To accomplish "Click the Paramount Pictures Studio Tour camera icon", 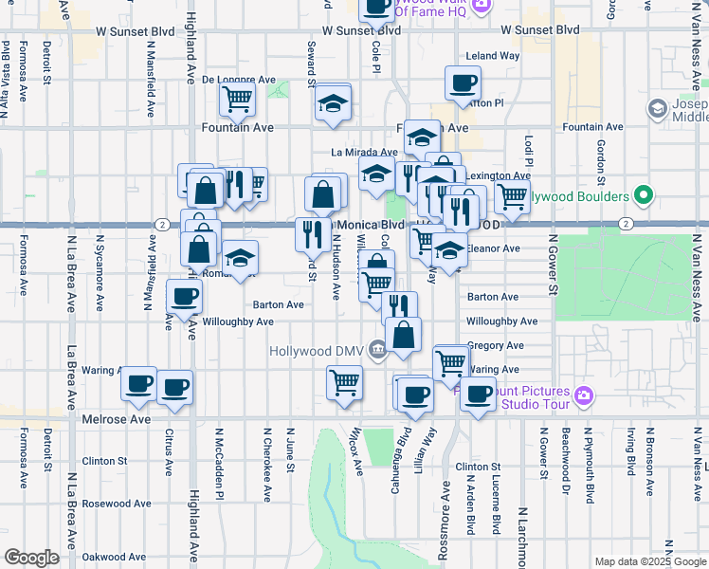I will [585, 395].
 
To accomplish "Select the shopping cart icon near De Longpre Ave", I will [237, 98].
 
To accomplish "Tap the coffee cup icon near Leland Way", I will [463, 83].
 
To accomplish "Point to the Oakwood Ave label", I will [115, 557].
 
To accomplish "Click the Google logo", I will [31, 557].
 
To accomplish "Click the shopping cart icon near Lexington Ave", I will [512, 196].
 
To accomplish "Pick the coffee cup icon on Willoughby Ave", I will [184, 296].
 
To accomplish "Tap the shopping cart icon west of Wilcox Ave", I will [344, 382].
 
